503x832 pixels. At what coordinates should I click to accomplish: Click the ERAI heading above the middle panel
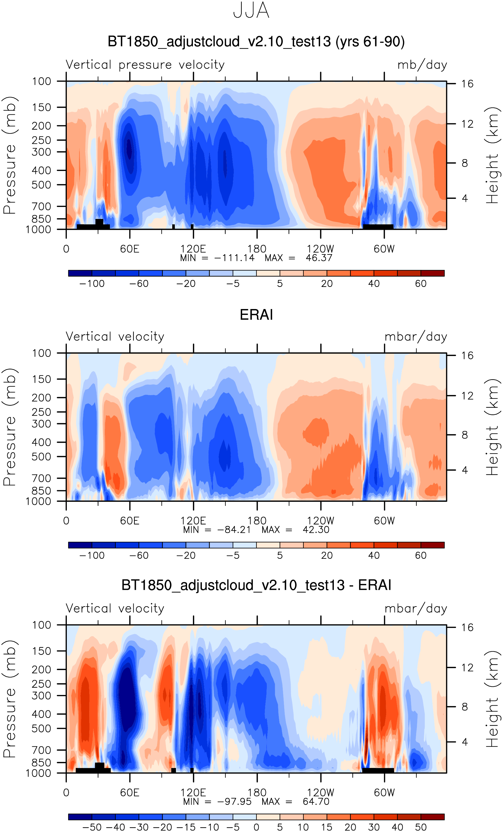(256, 315)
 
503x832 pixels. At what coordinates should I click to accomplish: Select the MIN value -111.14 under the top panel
(235, 258)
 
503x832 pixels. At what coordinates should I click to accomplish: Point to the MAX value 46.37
(319, 258)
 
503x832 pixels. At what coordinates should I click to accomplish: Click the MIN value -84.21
(234, 530)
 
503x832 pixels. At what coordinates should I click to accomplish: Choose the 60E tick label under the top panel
(130, 249)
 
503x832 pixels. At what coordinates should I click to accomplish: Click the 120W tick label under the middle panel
(320, 521)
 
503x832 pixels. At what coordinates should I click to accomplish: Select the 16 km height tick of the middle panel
(467, 355)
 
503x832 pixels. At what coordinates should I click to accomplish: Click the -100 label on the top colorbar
(92, 284)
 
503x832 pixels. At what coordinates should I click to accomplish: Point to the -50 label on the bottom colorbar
(92, 827)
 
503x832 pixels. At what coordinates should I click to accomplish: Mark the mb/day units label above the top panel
(422, 65)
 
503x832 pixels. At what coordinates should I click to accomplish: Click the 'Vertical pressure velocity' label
(145, 65)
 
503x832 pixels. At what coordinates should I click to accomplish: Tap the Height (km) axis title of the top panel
(492, 155)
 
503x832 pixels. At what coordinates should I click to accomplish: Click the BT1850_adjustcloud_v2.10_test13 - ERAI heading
(256, 585)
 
